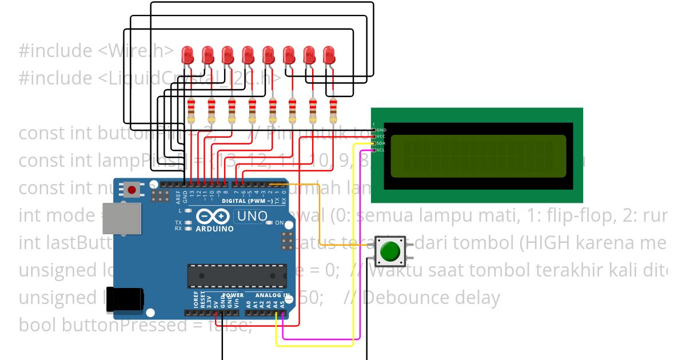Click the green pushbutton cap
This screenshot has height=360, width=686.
coord(390,251)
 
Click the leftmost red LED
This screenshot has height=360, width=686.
coord(187,55)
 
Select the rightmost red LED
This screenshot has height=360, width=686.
coord(329,55)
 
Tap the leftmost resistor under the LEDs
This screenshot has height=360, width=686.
coord(192,110)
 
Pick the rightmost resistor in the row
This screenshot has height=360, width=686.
coord(333,110)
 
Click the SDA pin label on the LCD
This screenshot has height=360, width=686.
coord(381,143)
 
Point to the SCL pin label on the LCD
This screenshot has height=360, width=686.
coord(381,150)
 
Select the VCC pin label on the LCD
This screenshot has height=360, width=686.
coord(381,137)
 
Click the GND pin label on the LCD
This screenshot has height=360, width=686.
coord(381,130)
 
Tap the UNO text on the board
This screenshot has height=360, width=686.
coord(252,217)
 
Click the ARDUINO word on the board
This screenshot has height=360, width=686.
coord(215,229)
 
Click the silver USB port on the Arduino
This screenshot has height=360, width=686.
coord(121,219)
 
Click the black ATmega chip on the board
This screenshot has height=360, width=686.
coord(237,276)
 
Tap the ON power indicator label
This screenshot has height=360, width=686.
coord(280,223)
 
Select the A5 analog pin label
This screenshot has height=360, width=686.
coord(282,304)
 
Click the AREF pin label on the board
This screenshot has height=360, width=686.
coord(178,197)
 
